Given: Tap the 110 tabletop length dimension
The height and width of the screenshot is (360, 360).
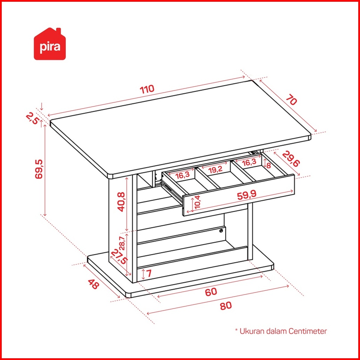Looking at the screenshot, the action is pyautogui.click(x=147, y=89).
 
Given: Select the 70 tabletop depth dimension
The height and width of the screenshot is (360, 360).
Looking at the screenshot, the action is pyautogui.click(x=291, y=100).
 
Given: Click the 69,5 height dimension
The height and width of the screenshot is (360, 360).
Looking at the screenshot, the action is pyautogui.click(x=39, y=169).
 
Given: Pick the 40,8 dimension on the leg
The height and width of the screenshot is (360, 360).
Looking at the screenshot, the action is pyautogui.click(x=121, y=202).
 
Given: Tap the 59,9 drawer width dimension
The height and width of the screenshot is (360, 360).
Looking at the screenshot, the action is pyautogui.click(x=246, y=196).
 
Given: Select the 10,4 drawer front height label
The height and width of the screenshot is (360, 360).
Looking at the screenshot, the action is pyautogui.click(x=197, y=202).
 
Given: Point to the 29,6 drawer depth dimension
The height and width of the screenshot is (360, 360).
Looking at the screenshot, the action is pyautogui.click(x=291, y=159).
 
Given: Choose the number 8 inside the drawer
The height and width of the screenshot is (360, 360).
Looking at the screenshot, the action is pyautogui.click(x=268, y=165).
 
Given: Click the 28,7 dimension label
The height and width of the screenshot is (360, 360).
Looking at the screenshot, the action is pyautogui.click(x=122, y=243).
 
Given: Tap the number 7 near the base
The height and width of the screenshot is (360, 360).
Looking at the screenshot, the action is pyautogui.click(x=149, y=273).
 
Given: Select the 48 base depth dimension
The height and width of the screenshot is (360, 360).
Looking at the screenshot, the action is pyautogui.click(x=93, y=284).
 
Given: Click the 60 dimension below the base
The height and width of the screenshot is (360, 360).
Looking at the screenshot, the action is pyautogui.click(x=211, y=292).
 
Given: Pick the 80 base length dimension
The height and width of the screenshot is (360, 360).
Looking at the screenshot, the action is pyautogui.click(x=226, y=306).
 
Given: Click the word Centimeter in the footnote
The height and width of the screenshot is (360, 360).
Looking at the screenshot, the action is pyautogui.click(x=308, y=331).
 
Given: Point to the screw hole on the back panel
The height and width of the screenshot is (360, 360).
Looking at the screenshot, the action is pyautogui.click(x=221, y=231).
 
